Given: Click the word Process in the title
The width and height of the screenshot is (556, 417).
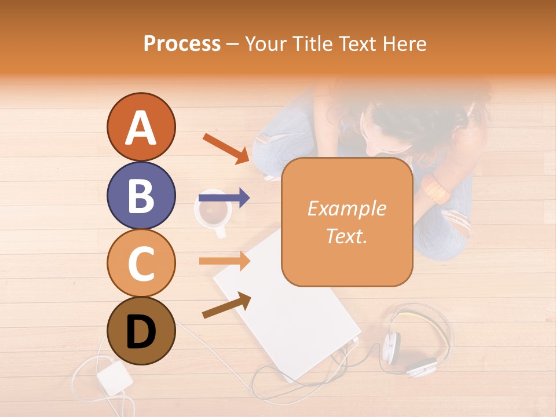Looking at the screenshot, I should point(182,44).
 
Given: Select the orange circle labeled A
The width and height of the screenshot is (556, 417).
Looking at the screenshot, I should point(141,127).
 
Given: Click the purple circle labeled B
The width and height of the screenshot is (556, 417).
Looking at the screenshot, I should point(141,195).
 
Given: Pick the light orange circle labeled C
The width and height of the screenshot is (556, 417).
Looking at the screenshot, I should point(141,264).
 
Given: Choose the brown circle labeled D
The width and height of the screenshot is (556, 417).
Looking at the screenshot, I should point(141,331).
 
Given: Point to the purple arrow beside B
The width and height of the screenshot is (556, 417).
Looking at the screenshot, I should point(224,198).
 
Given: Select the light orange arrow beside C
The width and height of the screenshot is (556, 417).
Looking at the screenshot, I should point(224,261).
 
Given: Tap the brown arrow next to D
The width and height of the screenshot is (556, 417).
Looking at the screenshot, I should point(226,305).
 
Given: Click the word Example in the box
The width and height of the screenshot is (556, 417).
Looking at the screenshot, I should point(346,209).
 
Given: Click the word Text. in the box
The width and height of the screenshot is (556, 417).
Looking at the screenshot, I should point(346,236).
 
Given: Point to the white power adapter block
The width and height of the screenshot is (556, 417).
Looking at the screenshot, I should point(114,376).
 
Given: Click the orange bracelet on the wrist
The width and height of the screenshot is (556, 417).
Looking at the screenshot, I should point(436,189).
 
